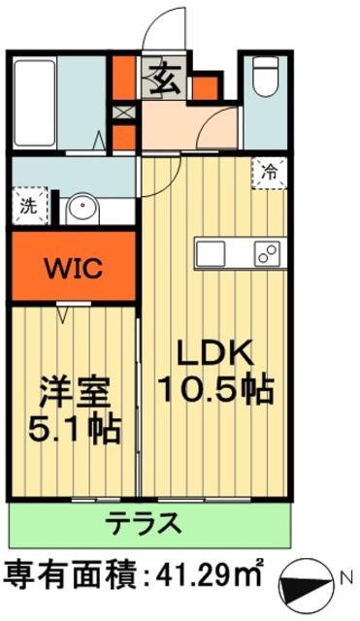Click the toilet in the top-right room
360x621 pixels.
265,77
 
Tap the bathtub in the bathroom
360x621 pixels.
35,103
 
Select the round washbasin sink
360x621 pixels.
82,209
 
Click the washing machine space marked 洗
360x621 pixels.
29,207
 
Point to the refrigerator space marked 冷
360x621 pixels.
270,173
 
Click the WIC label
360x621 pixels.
74,269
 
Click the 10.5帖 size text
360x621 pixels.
216,390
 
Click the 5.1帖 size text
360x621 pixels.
75,429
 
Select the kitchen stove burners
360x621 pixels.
267,253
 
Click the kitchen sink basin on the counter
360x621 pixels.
211,253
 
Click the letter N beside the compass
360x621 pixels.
347,577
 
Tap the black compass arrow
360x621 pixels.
306,586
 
